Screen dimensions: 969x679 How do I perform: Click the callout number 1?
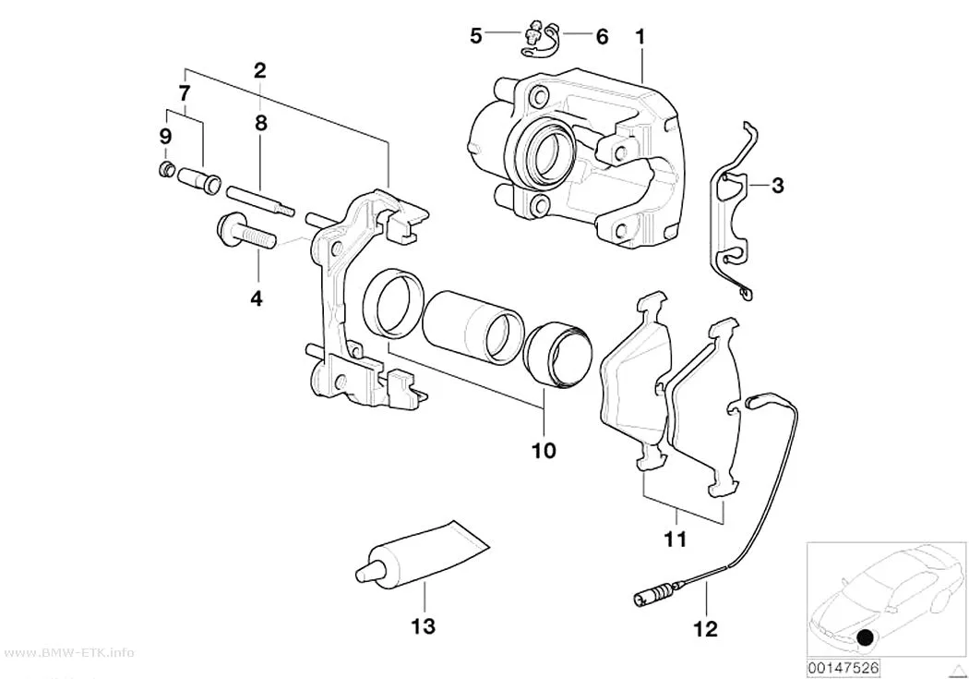[x=640, y=37]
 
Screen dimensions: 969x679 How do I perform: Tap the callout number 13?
[x=424, y=626]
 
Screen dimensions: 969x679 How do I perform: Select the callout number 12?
[x=706, y=629]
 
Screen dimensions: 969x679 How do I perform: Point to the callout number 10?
[x=544, y=450]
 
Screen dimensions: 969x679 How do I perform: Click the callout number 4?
[x=256, y=298]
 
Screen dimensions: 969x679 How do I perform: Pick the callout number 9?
[x=164, y=136]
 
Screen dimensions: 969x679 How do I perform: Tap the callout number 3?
[x=777, y=185]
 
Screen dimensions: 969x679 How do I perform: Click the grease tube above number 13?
[x=422, y=554]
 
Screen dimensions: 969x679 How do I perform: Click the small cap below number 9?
[x=165, y=168]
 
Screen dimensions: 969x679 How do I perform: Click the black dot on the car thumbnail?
[x=867, y=637]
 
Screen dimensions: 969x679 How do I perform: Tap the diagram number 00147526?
[x=843, y=668]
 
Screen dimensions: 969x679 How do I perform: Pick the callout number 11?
[x=675, y=540]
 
